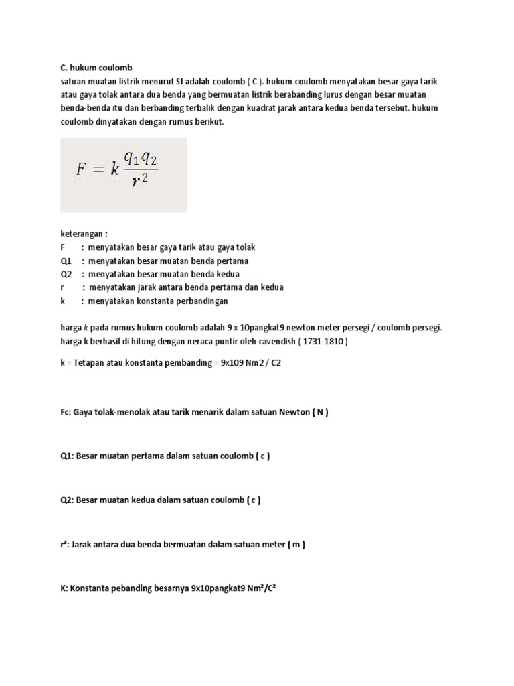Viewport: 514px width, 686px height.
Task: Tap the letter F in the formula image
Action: coord(81,169)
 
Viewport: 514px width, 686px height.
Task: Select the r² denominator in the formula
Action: coord(139,182)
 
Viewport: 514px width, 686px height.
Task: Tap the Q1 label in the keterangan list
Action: coord(66,261)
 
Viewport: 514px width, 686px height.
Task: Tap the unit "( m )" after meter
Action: coord(296,545)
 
